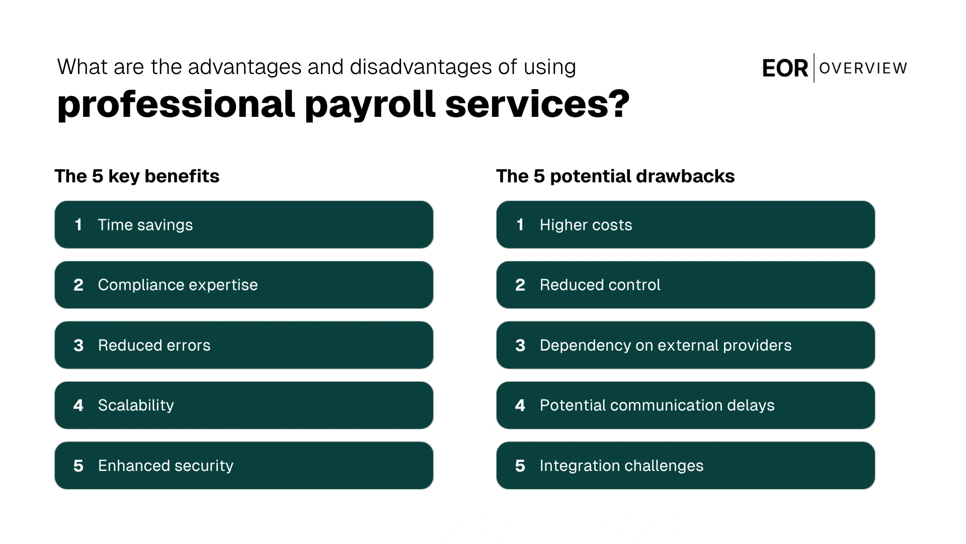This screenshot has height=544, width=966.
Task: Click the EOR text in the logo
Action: (785, 69)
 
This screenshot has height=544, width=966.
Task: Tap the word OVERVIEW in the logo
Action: (863, 68)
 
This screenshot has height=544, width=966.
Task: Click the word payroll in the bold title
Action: (370, 105)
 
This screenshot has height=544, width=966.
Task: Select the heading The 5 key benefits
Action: (137, 176)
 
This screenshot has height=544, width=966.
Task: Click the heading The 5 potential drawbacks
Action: (615, 176)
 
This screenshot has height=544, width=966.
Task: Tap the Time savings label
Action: (145, 225)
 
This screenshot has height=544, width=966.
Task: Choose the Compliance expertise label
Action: (178, 285)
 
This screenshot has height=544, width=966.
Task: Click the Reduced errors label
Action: (154, 345)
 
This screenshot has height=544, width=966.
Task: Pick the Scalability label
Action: (136, 405)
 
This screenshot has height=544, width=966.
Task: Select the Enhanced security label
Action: (166, 466)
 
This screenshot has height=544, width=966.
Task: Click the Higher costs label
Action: (586, 225)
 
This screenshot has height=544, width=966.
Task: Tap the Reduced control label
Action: (600, 285)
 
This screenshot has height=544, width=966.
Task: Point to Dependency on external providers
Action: (665, 345)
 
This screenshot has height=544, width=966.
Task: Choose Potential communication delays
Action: (657, 405)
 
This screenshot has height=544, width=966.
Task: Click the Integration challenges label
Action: (621, 466)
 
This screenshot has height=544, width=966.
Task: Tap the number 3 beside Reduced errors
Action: (78, 346)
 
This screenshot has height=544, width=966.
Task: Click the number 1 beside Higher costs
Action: (520, 225)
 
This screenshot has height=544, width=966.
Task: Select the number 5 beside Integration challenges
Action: (520, 466)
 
